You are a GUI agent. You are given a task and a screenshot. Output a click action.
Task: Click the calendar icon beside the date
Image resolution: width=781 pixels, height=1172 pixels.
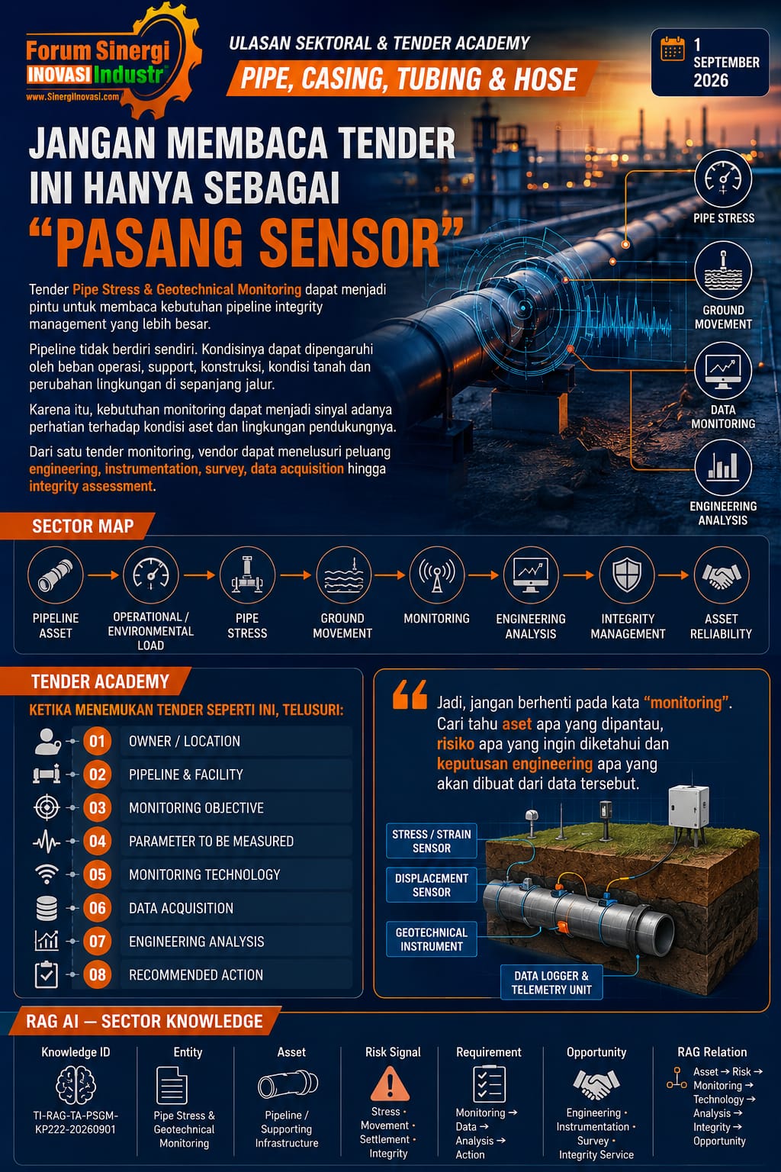click(672, 49)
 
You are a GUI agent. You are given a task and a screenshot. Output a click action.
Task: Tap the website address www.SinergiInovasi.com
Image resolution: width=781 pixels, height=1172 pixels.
click(72, 97)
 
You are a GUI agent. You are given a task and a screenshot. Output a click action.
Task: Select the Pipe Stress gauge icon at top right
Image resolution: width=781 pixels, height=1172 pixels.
click(723, 179)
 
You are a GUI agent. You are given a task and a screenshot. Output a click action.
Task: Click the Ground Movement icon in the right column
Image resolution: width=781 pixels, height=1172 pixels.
click(723, 271)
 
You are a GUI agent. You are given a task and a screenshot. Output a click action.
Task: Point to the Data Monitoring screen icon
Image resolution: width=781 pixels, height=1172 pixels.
click(723, 370)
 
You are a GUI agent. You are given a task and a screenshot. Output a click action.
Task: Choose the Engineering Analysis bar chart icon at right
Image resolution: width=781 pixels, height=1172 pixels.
click(723, 467)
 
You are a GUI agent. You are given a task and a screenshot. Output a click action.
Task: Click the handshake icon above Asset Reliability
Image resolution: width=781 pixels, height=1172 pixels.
click(722, 575)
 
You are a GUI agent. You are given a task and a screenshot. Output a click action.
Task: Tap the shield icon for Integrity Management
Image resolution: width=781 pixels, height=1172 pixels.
click(627, 575)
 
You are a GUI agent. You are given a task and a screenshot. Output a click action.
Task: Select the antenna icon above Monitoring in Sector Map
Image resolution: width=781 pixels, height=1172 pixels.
click(436, 575)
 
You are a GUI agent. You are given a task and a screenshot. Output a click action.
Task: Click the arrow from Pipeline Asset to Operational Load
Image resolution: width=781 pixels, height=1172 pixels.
click(103, 575)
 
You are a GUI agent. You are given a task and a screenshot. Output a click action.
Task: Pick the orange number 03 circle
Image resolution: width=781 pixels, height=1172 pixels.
click(98, 808)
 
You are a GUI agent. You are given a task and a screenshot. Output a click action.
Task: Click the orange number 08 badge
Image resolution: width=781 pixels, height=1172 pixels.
click(98, 974)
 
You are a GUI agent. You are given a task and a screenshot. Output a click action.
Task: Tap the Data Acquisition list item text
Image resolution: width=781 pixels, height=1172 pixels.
click(181, 908)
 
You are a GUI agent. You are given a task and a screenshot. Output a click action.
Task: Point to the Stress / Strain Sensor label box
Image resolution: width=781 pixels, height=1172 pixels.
click(432, 841)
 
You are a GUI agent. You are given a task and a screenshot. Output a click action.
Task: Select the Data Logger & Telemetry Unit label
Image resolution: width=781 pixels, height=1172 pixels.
click(551, 983)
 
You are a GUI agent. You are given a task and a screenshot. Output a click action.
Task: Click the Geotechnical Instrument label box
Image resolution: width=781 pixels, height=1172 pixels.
click(432, 939)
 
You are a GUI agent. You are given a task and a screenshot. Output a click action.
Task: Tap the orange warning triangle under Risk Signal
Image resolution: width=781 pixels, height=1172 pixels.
click(390, 1084)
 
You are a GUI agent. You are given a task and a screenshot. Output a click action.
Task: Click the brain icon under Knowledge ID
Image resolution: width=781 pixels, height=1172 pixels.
click(76, 1084)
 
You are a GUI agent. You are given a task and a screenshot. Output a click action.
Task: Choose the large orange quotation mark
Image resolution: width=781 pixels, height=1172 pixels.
click(410, 695)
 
